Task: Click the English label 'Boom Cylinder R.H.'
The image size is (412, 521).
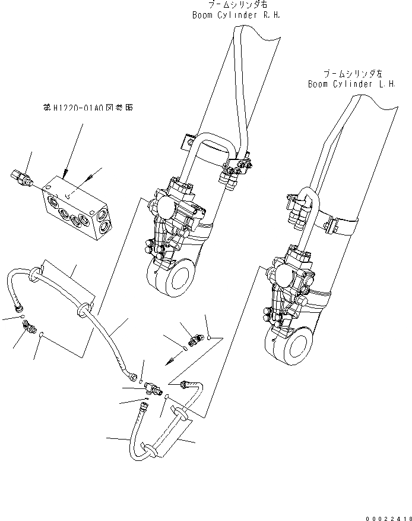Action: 235,15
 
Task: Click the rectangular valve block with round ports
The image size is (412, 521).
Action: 76,208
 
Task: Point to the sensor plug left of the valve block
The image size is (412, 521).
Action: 21,177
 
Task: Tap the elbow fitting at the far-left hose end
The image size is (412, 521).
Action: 29,325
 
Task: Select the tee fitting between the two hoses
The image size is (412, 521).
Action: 152,388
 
